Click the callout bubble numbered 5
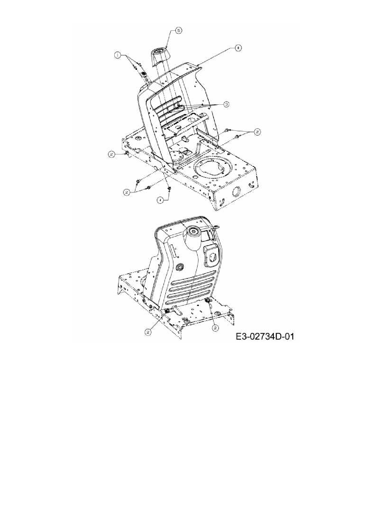coord(178,31)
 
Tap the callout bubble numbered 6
coord(238,48)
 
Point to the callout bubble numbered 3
coord(226,104)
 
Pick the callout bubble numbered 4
coord(159,200)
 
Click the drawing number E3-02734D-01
coord(264,336)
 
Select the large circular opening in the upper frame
coord(213,169)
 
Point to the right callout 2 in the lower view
coord(216,328)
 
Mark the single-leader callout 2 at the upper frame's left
coord(112,154)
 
